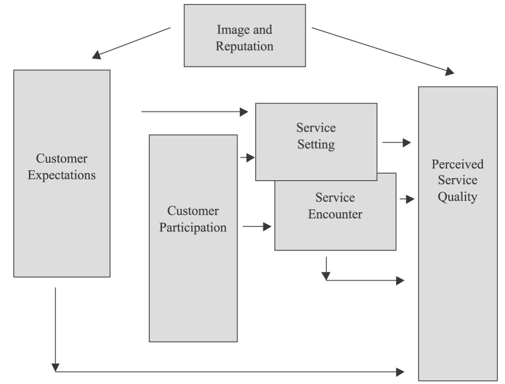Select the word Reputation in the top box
point(244,46)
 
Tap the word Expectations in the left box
point(61,175)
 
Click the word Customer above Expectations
point(61,158)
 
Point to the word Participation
point(193,227)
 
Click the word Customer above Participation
point(193,210)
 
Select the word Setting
point(316,144)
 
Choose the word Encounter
point(335,214)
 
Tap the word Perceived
point(457,164)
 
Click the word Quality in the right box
point(457,197)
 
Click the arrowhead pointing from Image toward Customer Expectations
point(96,55)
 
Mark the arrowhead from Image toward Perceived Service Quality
point(449,71)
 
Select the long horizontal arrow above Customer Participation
point(194,112)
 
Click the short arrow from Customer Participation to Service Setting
point(248,158)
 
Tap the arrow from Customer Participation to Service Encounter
point(257,227)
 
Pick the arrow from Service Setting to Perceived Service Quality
point(397,142)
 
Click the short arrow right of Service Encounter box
point(407,199)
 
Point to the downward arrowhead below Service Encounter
point(326,276)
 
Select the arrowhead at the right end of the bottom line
point(400,372)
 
